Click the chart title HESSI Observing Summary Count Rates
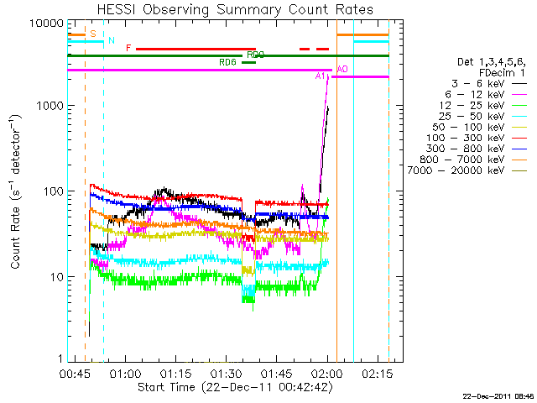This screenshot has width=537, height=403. point(234,10)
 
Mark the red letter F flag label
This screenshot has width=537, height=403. point(128,49)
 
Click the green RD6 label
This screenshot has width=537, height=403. point(227,62)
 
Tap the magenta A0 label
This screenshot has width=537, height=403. point(341,69)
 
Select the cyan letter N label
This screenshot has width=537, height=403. point(110,41)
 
